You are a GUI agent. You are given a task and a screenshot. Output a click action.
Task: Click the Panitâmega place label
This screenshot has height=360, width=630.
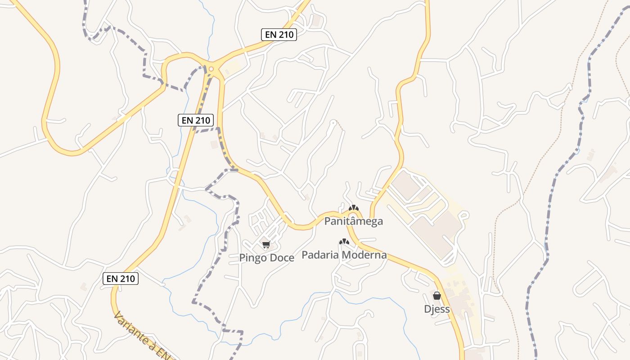354,221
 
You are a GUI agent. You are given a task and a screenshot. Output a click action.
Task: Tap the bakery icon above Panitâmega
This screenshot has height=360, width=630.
354,208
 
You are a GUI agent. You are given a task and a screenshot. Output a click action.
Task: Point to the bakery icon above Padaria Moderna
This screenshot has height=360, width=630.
344,242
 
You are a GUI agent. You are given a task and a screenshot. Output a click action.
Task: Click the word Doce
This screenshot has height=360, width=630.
281,258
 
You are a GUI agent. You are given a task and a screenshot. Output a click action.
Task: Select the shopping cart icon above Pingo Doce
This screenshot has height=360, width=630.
266,245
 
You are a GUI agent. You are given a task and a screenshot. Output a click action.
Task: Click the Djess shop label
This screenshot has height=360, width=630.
437,309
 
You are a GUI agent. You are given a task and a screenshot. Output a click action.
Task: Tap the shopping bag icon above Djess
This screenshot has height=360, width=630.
436,296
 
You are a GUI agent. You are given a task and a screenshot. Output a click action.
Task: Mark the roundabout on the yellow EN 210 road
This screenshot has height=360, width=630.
211,68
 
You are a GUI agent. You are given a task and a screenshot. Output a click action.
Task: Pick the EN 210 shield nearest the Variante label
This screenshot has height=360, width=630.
121,279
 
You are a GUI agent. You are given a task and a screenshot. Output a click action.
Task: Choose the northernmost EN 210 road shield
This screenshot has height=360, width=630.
279,35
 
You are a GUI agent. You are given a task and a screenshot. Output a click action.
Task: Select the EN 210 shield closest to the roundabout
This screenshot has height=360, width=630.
196,120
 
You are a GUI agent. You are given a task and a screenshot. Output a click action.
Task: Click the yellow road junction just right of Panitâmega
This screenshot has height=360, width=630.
372,219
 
